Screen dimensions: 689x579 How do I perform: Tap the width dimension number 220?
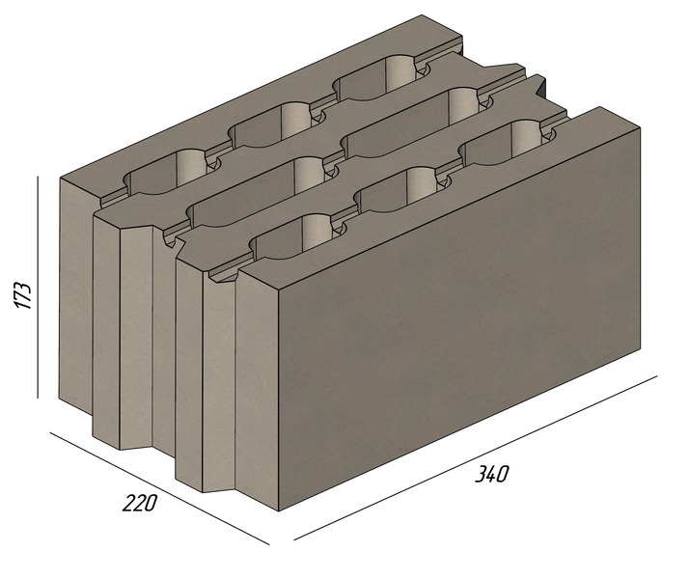139,503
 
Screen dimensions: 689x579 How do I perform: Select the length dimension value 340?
492,474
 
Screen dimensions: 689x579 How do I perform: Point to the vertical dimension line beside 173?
38,287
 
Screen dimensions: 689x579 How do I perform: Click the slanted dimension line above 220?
159,488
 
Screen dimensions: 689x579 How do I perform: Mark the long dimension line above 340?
476,457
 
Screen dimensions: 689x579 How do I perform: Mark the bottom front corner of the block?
279,510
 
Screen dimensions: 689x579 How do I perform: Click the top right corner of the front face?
640,127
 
